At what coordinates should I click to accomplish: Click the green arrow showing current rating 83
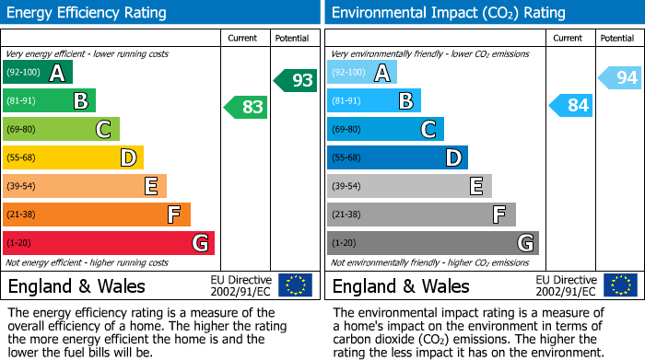(246, 108)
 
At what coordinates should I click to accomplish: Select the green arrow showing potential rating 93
(295, 80)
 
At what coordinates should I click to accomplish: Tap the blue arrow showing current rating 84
(571, 106)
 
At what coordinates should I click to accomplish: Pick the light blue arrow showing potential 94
(620, 78)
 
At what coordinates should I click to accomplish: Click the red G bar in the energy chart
(109, 243)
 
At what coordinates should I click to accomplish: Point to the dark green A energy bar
(38, 73)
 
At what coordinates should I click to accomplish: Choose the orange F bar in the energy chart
(97, 215)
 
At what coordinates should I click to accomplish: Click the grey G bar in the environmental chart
(433, 243)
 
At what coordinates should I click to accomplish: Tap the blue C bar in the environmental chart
(385, 130)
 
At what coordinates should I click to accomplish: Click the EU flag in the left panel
(295, 285)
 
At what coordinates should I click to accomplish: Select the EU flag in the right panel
(620, 285)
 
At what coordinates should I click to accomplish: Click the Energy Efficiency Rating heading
(88, 13)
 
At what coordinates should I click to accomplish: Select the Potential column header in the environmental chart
(616, 38)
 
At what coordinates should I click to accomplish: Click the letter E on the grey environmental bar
(475, 186)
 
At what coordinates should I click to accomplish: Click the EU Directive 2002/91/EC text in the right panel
(566, 285)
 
